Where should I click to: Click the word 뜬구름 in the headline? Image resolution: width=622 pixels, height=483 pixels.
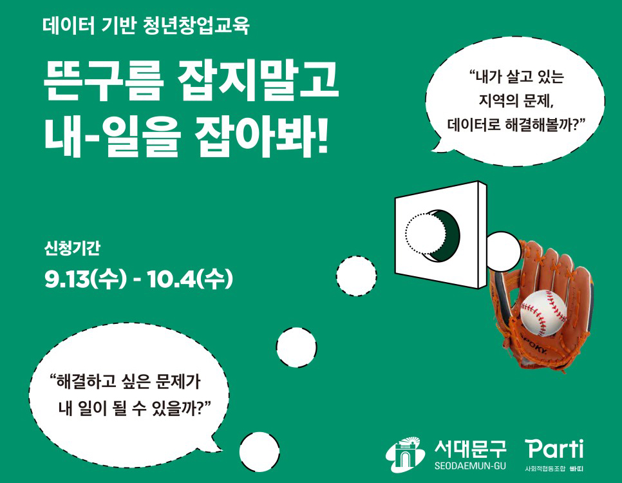[103, 80]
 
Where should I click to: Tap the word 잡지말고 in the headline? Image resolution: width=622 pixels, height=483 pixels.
[258, 80]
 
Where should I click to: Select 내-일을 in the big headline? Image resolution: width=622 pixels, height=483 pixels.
[112, 135]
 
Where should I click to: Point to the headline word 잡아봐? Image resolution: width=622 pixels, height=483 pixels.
[262, 135]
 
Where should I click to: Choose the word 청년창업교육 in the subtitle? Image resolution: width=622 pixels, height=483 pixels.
[196, 26]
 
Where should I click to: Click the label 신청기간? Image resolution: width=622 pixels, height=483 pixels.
[72, 248]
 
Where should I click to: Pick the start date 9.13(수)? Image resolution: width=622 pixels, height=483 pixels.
[85, 279]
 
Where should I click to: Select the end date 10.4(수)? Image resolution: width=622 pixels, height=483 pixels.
[189, 279]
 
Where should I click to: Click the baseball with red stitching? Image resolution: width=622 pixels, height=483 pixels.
[543, 312]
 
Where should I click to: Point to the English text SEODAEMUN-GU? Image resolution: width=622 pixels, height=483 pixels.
[470, 466]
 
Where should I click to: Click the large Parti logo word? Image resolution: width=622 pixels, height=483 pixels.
[554, 449]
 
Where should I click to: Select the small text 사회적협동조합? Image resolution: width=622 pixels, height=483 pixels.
[545, 469]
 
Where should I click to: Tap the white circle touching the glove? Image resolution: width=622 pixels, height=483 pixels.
[503, 252]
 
